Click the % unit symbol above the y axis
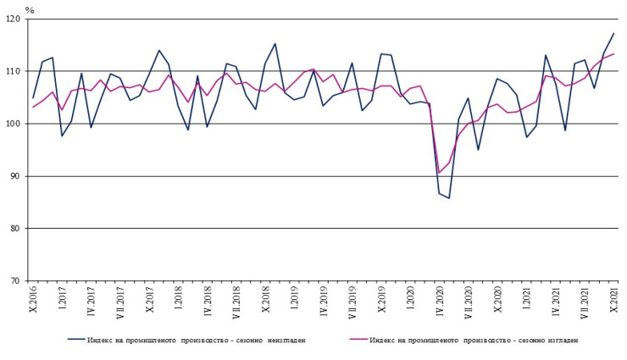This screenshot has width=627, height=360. (30, 9)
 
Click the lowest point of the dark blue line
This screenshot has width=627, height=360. (449, 198)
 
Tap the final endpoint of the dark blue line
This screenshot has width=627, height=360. (613, 34)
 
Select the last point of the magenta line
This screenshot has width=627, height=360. (613, 53)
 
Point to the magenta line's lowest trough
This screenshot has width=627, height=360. (439, 173)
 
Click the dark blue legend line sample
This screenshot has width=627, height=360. (84, 340)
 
